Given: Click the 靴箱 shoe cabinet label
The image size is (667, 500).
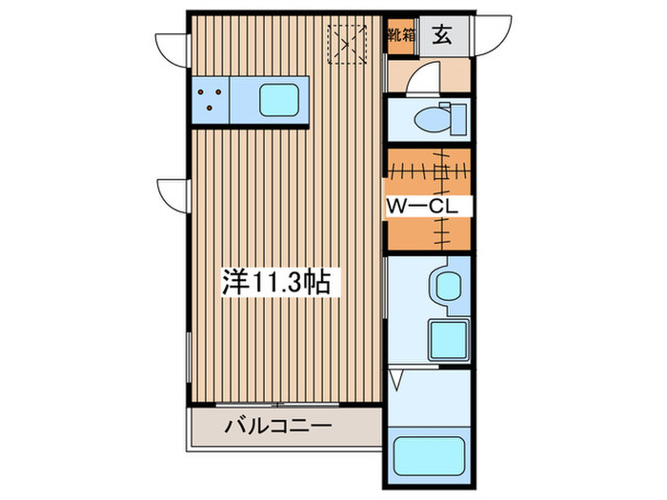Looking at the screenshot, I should point(399,36).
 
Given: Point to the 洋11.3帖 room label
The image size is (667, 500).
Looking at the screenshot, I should point(276,282).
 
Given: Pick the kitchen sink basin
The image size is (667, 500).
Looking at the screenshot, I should point(279,100).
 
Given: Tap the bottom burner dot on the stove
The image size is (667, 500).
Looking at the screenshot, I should point(212,109).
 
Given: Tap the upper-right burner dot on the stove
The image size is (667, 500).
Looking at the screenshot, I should point(221,92).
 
